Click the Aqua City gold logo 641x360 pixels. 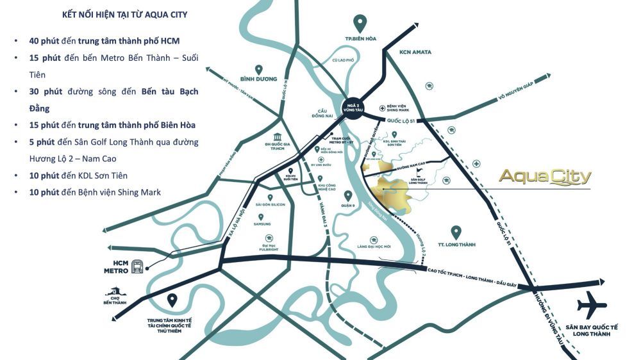click(544, 176)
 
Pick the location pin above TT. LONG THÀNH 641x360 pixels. click(456, 232)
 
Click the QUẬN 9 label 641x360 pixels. click(348, 206)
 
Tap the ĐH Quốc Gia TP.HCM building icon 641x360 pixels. click(278, 138)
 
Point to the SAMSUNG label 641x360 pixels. click(262, 224)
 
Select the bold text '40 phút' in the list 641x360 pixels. click(44, 41)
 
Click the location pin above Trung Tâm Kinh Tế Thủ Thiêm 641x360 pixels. click(171, 299)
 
